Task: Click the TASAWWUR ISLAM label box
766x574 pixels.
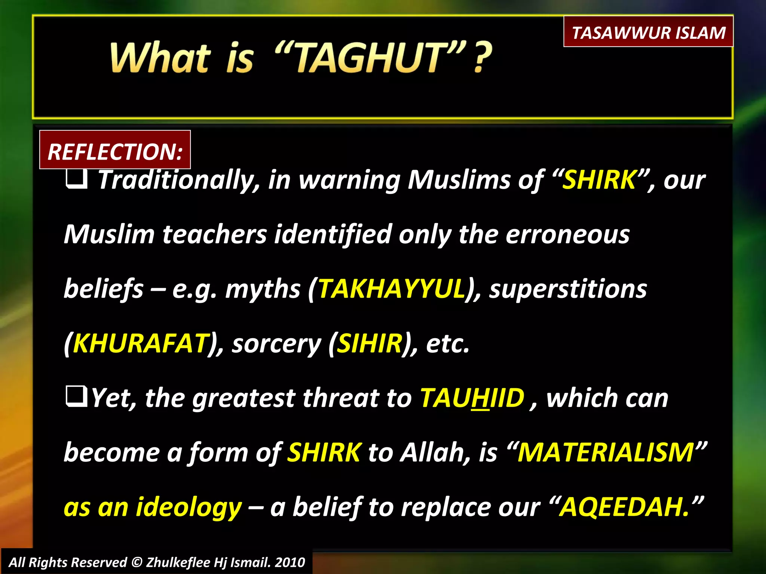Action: click(648, 32)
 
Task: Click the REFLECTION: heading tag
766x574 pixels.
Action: click(115, 151)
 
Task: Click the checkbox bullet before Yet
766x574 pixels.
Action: click(77, 397)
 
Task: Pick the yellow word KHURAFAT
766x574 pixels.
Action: click(141, 343)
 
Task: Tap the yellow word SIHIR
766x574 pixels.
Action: click(370, 343)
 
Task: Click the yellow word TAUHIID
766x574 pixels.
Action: click(472, 398)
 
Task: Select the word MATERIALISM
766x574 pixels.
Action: click(606, 452)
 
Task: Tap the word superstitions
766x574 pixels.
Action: click(568, 289)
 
